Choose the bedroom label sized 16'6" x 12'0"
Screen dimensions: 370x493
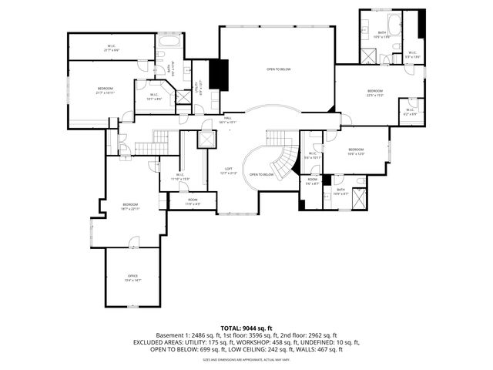[356, 152]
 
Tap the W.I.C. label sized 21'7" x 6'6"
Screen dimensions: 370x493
[111, 48]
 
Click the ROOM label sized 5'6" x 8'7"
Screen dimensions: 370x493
[312, 182]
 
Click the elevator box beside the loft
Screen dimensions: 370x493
[206, 140]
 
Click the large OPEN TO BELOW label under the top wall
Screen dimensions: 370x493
[278, 69]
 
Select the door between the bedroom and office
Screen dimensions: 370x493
[132, 246]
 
